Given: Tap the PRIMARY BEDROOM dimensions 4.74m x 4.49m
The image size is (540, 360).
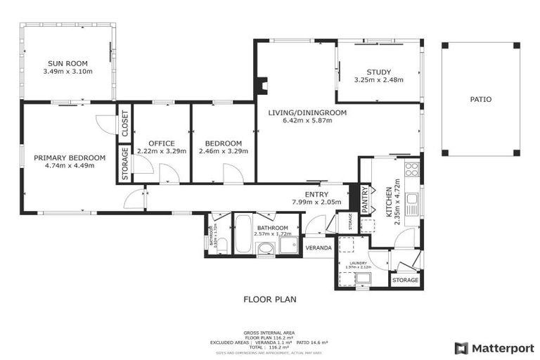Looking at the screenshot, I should [69, 166].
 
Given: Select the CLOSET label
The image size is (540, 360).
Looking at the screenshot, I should [124, 124].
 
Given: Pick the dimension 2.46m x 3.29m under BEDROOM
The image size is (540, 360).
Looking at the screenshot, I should [220, 150].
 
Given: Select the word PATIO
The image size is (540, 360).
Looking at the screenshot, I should [480, 99].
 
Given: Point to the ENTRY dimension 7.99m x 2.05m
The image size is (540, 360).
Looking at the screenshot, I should [316, 202].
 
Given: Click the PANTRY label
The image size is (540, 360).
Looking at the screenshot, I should [365, 199].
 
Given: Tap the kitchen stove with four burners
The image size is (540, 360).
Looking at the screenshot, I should [411, 169].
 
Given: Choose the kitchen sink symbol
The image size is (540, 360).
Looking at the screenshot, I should [412, 200].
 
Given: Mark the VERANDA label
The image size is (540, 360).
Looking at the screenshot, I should [318, 247].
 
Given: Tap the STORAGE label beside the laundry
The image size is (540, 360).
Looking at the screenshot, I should [405, 280].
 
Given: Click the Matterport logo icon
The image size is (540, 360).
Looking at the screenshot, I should [461, 347].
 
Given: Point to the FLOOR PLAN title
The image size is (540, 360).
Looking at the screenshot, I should [269, 299].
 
